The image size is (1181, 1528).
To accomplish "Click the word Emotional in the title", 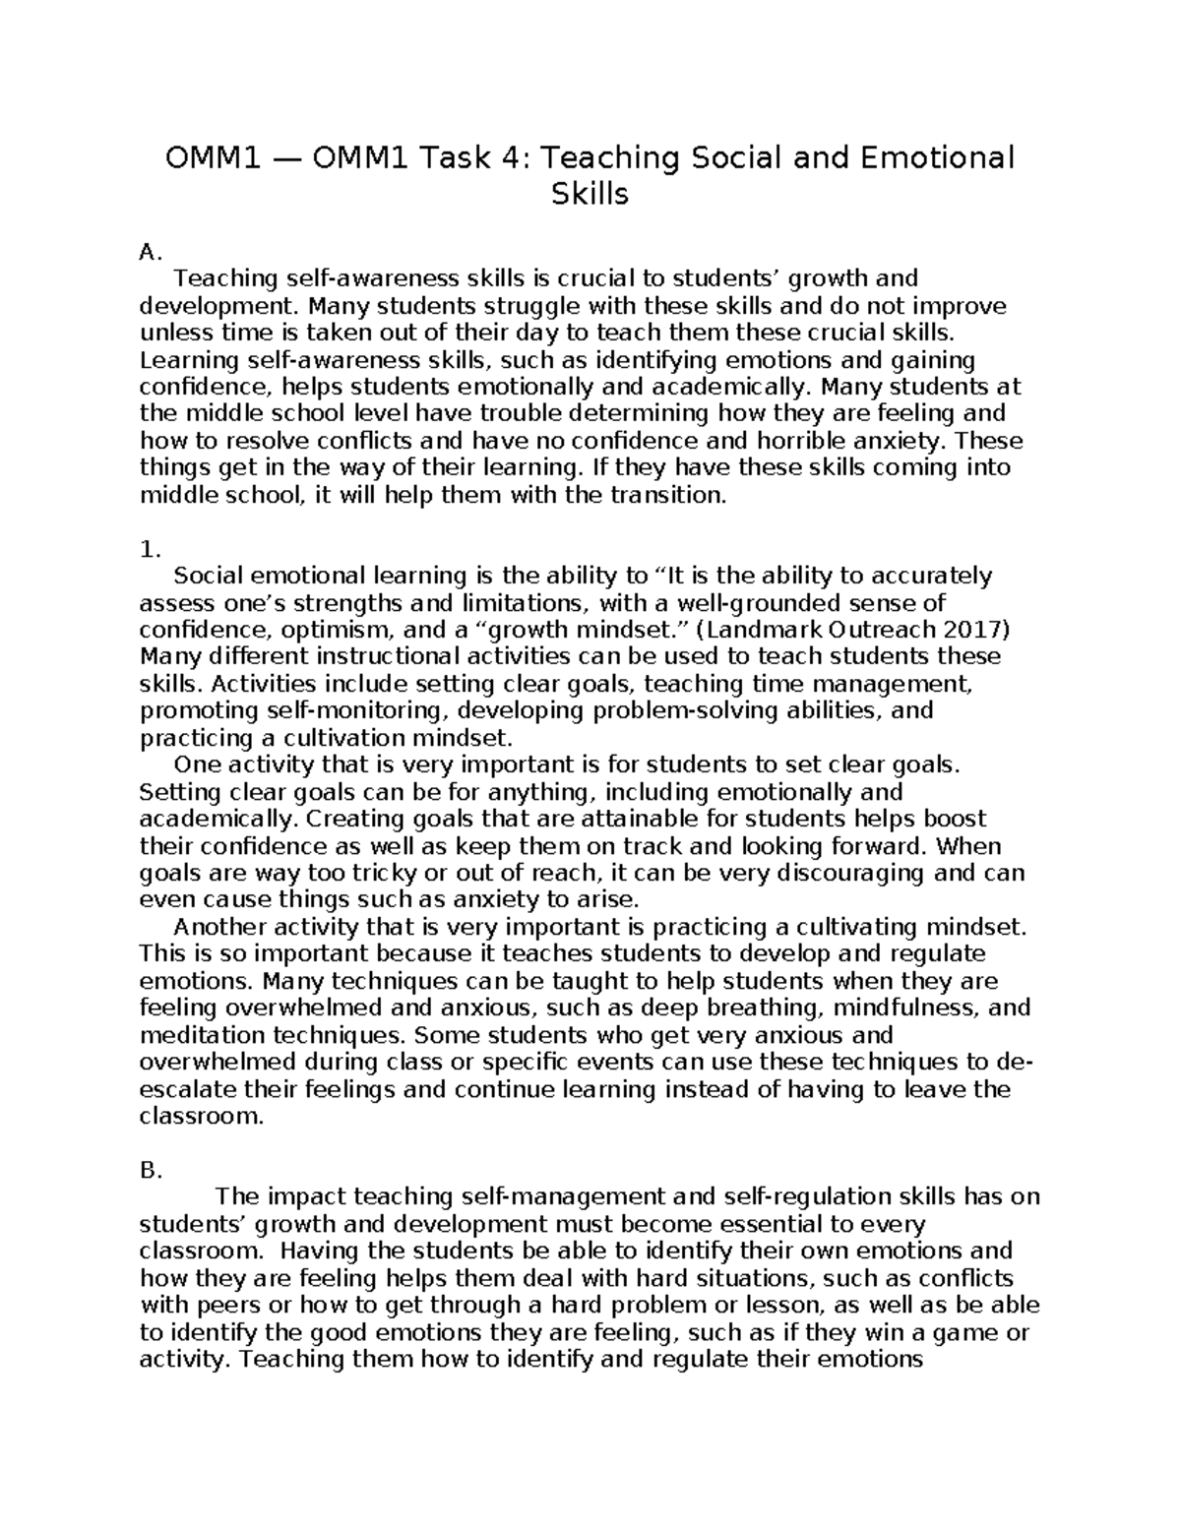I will coord(933,157).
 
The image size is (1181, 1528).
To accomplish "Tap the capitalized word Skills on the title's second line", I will coord(590,195).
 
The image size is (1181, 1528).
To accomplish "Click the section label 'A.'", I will coord(150,253).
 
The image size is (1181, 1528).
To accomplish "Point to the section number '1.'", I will coord(150,548).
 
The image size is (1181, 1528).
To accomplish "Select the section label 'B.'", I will coord(150,1170).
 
